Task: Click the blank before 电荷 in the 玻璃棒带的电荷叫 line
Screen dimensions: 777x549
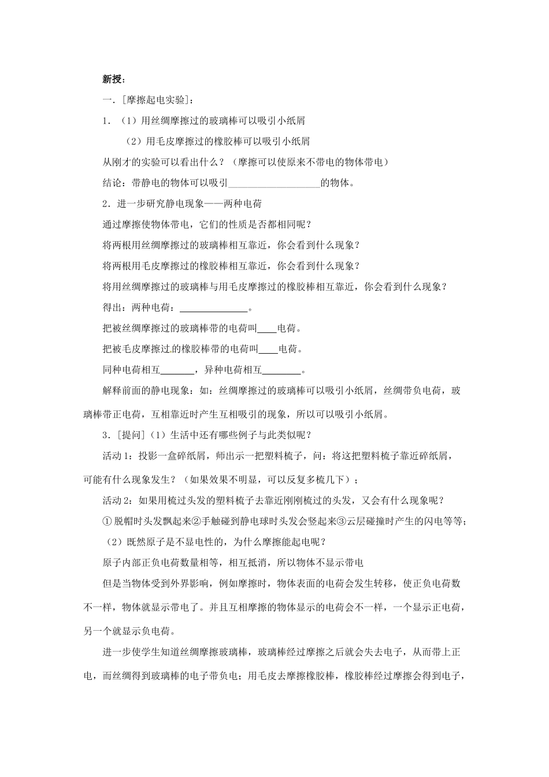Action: coord(266,329)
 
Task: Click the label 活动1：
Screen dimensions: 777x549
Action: coord(120,456)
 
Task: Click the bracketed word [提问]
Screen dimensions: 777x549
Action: coord(128,435)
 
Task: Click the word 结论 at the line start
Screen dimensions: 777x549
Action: coord(112,183)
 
